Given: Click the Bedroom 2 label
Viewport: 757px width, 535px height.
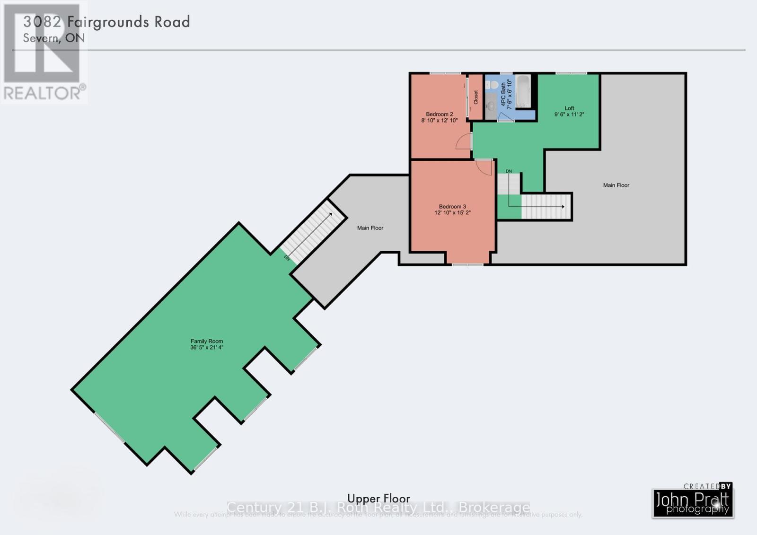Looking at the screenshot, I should point(439,114).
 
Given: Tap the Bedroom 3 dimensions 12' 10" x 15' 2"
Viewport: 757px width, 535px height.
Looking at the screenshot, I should point(452,213).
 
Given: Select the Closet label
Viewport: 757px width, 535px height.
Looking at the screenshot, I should point(476,97).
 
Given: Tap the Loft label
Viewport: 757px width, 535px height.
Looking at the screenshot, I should point(569,108).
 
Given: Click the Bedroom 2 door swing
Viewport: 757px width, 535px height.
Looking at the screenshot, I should point(464,141).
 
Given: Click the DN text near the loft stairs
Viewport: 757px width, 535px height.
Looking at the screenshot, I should point(509,171).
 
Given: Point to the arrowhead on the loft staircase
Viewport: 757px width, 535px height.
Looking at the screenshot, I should point(563,207).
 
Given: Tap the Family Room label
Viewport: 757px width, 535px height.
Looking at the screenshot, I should point(207,341).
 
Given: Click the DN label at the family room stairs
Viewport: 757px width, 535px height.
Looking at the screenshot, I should point(287,258).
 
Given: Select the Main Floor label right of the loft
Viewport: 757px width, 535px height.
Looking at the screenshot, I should point(616,185).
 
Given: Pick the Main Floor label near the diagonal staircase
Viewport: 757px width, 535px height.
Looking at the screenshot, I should point(370,228).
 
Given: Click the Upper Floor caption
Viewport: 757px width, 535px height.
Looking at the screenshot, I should point(378,498).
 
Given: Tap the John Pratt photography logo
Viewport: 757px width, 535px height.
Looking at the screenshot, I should point(693,503).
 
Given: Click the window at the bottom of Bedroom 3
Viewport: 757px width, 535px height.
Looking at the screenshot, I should point(467,264).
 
